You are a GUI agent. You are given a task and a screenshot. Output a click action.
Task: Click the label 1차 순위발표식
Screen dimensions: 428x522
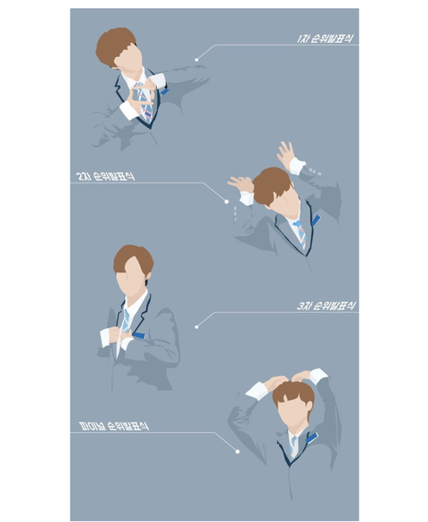[325, 38]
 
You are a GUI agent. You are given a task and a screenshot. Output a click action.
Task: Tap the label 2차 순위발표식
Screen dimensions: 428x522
[106, 176]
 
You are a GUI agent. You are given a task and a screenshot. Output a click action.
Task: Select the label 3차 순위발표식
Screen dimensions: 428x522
[325, 306]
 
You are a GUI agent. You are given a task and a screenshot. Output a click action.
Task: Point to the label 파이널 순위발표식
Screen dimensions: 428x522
[113, 426]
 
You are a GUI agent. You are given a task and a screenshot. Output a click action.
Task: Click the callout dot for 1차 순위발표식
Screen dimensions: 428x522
[197, 60]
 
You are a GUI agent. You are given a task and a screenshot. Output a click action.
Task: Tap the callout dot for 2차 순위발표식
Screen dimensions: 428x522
[226, 201]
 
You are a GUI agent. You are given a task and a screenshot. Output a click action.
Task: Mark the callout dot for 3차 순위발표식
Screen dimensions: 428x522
[197, 327]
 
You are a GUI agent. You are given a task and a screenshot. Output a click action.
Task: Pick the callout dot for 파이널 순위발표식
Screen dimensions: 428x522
[237, 452]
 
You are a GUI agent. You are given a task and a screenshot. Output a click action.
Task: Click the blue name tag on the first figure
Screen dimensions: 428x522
[164, 91]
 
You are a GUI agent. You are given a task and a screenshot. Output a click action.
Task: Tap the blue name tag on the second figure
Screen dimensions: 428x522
[316, 220]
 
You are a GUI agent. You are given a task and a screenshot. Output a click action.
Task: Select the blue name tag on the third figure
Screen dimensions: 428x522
[139, 335]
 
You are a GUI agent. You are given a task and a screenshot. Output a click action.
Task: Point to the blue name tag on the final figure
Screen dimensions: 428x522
[312, 437]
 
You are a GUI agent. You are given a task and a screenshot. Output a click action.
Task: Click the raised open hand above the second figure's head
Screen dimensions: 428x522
[285, 154]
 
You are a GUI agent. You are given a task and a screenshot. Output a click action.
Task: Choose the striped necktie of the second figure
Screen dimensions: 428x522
[300, 234]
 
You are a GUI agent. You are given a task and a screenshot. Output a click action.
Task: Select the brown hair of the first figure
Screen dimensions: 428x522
[115, 46]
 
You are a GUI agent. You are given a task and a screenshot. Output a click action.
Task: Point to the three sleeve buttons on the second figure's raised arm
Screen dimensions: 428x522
[315, 171]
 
